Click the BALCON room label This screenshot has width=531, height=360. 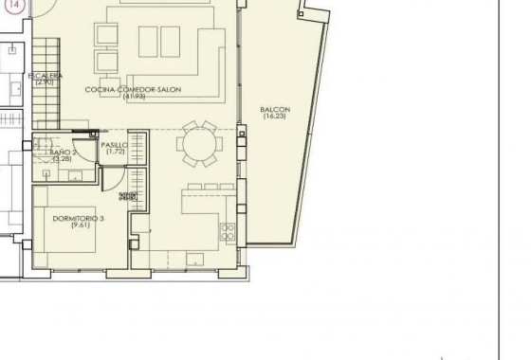275,110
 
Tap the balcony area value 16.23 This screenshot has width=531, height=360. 275,118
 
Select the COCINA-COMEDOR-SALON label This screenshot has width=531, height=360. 132,90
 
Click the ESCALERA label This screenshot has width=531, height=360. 46,75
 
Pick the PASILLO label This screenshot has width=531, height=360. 115,145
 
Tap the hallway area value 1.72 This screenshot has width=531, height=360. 115,153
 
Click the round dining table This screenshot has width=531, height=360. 199,144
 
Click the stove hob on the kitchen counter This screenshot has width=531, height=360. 228,231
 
